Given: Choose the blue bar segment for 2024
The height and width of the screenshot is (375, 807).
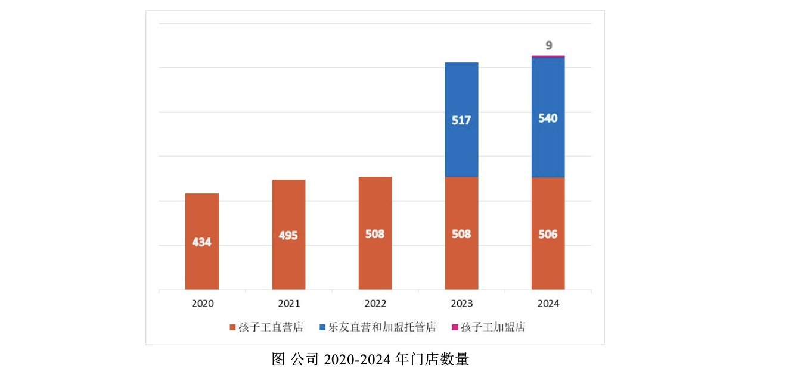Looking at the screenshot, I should click(x=548, y=149).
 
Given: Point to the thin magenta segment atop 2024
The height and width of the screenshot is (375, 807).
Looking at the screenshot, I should click(x=548, y=57).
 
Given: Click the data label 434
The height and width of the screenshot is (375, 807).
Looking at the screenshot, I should click(x=202, y=242).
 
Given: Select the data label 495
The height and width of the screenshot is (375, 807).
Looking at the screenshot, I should click(x=288, y=235).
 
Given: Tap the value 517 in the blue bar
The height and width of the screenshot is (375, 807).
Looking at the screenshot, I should click(x=461, y=120).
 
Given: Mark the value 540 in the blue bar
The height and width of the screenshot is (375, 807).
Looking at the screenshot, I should click(x=548, y=118).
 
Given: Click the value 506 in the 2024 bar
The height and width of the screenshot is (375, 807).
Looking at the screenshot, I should click(x=548, y=235).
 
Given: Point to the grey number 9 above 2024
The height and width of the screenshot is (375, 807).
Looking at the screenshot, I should click(x=548, y=45).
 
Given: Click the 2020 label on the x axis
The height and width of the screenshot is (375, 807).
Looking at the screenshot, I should click(x=202, y=304).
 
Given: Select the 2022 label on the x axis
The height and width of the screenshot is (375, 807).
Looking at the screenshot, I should click(x=375, y=304).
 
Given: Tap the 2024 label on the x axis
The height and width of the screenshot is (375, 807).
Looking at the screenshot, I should click(x=548, y=304).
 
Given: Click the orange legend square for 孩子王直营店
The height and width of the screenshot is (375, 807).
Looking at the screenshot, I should click(x=233, y=327).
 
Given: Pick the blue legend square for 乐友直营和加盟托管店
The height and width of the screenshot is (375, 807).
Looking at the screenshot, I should click(x=322, y=327).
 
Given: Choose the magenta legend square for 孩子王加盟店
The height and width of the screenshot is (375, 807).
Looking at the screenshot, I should click(x=455, y=327).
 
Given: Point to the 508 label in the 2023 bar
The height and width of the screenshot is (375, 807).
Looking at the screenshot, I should click(x=461, y=235).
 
